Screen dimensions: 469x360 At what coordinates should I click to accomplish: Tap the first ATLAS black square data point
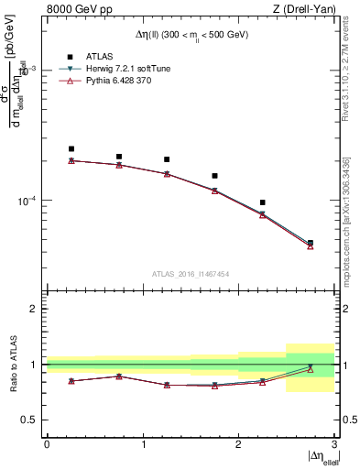[71, 148]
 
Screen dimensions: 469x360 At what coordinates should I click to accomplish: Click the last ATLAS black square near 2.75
[311, 243]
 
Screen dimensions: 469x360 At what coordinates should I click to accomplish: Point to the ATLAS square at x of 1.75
[214, 176]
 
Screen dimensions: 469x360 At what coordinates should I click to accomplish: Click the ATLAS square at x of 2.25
[263, 202]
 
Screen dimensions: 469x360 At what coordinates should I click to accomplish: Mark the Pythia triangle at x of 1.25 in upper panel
[167, 174]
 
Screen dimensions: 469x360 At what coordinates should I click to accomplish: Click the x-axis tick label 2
[238, 444]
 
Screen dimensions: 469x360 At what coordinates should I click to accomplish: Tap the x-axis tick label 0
[47, 444]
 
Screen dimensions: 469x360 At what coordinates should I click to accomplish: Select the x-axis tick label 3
[334, 444]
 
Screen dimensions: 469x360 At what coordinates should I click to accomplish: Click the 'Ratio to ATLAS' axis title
[13, 364]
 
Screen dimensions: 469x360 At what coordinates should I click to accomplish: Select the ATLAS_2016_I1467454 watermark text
[191, 274]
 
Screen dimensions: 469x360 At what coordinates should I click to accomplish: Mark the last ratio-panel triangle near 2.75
[311, 369]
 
